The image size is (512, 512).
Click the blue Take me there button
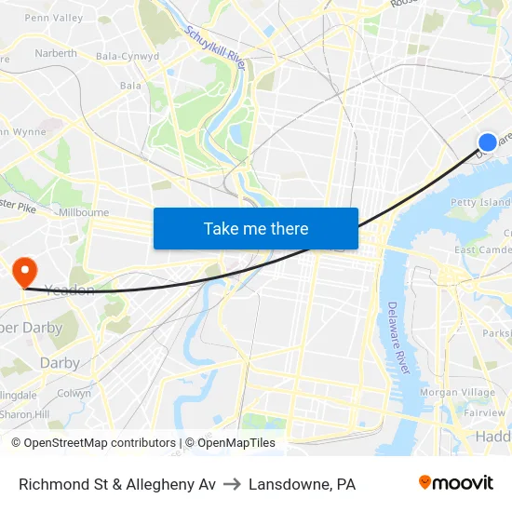[x=256, y=228]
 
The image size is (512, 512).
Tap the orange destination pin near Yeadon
[x=23, y=272]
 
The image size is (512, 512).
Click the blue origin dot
[x=488, y=141]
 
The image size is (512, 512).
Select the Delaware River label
[x=397, y=337]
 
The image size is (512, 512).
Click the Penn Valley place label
[x=53, y=18]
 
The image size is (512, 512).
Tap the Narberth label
[x=56, y=53]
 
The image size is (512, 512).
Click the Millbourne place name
[x=84, y=212]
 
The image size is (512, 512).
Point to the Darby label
[x=60, y=363]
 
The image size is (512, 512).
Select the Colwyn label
[x=74, y=394]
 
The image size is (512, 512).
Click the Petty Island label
[x=480, y=202]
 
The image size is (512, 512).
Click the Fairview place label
[x=484, y=412]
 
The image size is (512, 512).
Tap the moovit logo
[x=456, y=483]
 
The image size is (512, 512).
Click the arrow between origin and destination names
[x=232, y=484]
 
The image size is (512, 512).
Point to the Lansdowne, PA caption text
[x=302, y=484]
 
